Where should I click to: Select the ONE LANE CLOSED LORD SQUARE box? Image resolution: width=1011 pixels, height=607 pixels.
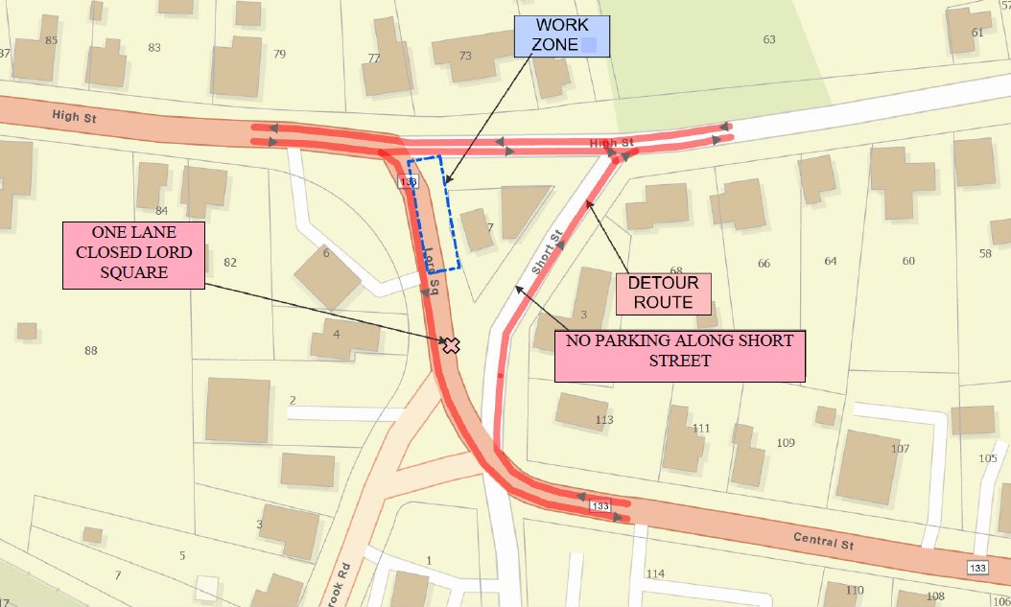(x=134, y=255)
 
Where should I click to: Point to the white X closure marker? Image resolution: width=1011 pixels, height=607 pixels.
(x=451, y=345)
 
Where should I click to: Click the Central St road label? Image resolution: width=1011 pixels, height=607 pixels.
(x=823, y=539)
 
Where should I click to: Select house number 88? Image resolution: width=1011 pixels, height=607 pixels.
(x=91, y=351)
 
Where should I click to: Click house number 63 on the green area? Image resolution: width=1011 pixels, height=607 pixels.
(x=768, y=39)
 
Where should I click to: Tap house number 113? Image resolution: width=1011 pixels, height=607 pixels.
(x=603, y=420)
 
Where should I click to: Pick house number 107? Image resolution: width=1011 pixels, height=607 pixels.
(x=900, y=449)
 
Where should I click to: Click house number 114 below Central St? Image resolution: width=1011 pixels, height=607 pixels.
(x=655, y=573)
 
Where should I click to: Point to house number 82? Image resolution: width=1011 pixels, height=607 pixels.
(x=229, y=263)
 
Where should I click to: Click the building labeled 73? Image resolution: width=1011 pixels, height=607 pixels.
(x=466, y=55)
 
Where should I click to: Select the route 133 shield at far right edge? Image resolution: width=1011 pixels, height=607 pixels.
(x=977, y=569)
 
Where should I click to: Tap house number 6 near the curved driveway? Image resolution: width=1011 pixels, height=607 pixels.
(x=326, y=253)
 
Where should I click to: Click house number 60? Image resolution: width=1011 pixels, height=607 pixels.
(x=907, y=262)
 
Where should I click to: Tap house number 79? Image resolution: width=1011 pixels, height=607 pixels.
(x=279, y=54)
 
